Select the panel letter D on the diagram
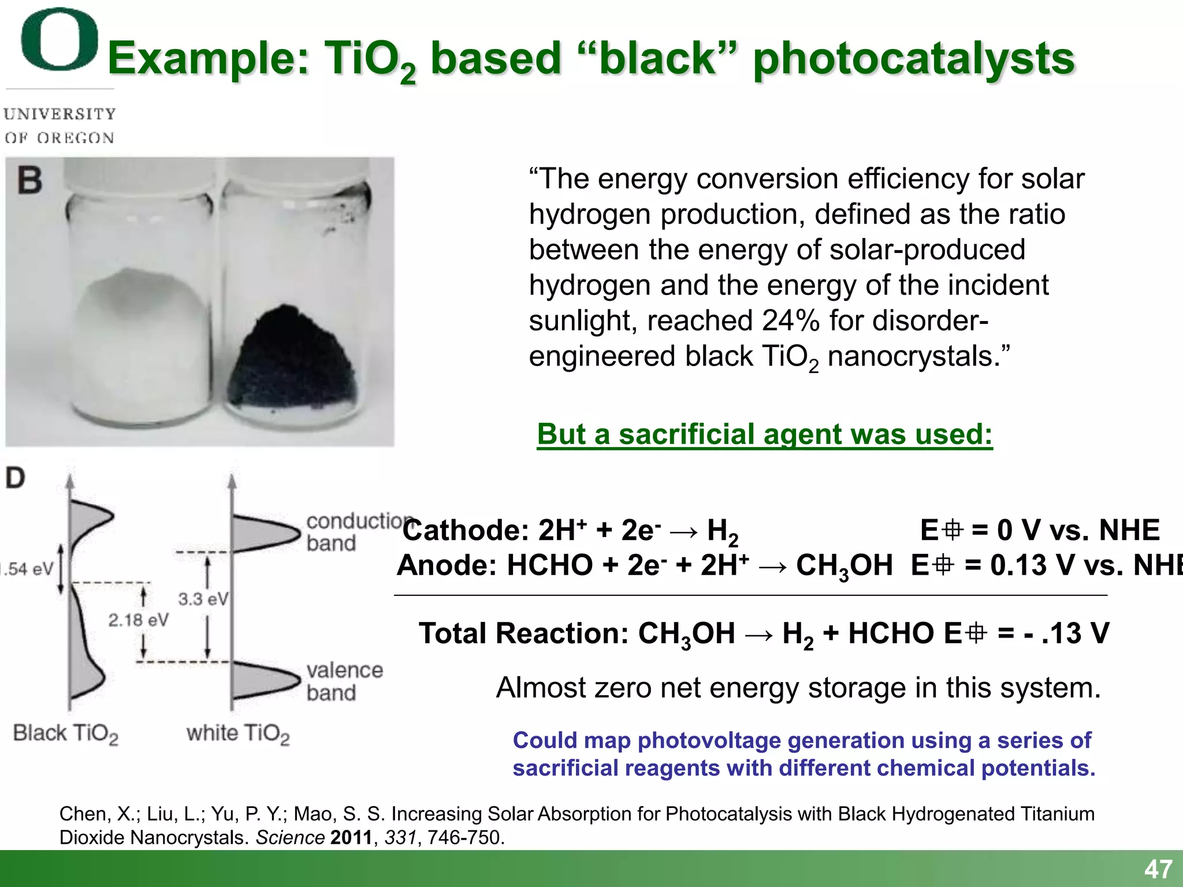(x=16, y=478)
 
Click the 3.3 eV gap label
(x=203, y=599)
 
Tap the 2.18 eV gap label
(x=138, y=620)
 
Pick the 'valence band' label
(x=344, y=681)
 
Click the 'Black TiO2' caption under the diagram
(x=65, y=733)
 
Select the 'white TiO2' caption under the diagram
(x=237, y=733)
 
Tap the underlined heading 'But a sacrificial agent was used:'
(x=764, y=434)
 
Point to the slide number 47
(x=1158, y=869)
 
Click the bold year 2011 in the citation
(x=351, y=837)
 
